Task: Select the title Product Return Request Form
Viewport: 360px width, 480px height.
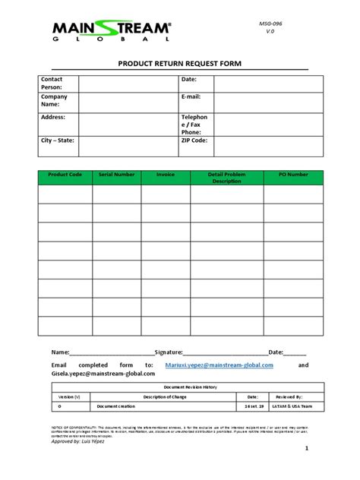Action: (x=179, y=65)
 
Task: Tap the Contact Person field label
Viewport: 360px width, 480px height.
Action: (x=52, y=84)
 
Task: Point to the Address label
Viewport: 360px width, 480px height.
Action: (x=53, y=118)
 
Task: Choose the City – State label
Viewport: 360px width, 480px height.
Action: (x=57, y=141)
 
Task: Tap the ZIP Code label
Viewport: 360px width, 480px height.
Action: (x=194, y=141)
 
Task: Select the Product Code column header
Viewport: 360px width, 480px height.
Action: (x=65, y=175)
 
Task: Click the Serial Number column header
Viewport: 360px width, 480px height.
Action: (x=117, y=175)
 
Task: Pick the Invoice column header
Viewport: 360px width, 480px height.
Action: (x=166, y=175)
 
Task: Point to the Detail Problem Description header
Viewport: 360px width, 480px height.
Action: (x=226, y=178)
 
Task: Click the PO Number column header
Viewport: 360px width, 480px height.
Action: (x=293, y=175)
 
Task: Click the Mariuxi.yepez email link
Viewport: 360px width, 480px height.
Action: (x=219, y=365)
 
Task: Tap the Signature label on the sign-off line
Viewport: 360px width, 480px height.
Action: (x=169, y=352)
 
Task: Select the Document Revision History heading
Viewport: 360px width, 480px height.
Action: (x=185, y=387)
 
